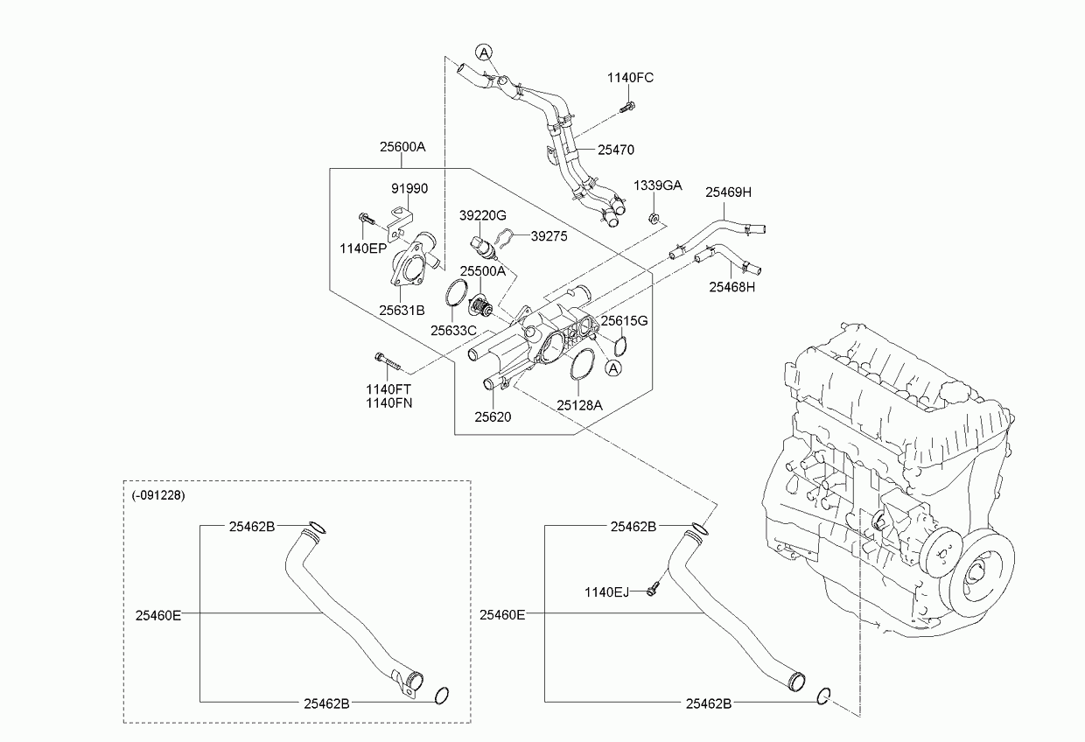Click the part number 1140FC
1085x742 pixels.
(630, 78)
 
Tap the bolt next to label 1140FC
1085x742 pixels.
(626, 108)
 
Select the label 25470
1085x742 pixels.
(616, 150)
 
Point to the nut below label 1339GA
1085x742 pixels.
(653, 217)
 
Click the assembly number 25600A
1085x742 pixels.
(402, 147)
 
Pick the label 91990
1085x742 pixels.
(409, 189)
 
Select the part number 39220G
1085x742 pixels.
(483, 214)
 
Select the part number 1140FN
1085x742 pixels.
(389, 403)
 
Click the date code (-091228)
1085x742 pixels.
(158, 494)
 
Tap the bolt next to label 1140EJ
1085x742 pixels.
(652, 591)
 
